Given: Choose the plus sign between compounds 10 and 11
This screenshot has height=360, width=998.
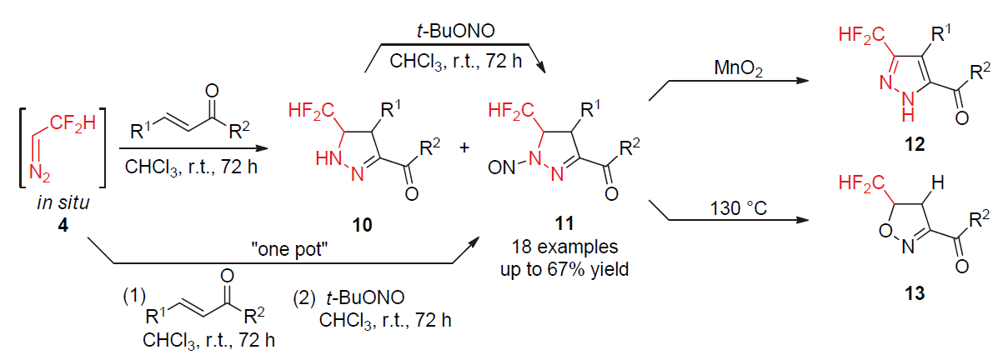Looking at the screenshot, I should point(464,147).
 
